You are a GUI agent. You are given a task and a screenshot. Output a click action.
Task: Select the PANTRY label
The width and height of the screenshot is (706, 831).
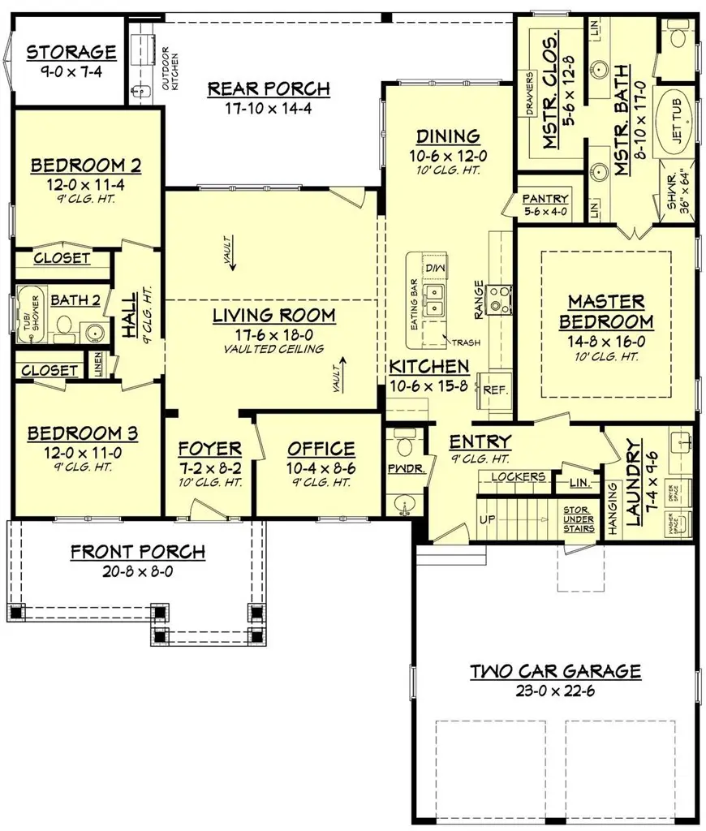(545, 199)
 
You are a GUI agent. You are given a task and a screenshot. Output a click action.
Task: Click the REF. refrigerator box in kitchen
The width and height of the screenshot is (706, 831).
(495, 390)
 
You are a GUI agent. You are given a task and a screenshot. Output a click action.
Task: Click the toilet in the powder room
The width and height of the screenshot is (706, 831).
(403, 448)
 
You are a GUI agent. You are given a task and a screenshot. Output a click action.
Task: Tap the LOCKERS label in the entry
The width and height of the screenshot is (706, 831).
(519, 476)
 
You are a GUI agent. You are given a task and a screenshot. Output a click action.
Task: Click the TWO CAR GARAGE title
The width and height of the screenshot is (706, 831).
(556, 672)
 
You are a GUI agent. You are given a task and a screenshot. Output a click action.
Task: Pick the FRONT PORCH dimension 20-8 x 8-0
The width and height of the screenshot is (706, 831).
(137, 571)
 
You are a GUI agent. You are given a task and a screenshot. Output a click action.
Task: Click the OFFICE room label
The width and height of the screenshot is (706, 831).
(321, 449)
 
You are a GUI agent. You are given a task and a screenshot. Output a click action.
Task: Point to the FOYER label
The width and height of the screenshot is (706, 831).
(209, 449)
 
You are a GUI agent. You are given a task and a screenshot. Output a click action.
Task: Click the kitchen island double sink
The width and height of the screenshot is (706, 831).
(436, 299)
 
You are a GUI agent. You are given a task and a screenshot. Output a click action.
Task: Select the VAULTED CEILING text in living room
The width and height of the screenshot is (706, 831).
(273, 349)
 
